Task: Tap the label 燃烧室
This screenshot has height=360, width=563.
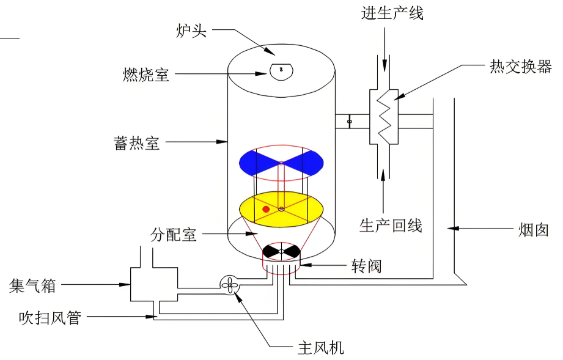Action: point(146,75)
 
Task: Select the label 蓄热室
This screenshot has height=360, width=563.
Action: point(136,143)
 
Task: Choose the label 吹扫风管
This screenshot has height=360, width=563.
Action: point(50,317)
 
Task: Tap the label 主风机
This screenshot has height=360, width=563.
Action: point(321,348)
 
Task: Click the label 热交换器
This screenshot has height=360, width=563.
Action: point(521,67)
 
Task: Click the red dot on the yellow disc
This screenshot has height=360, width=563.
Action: point(266,209)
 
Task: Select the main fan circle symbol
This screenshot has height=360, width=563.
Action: point(230,284)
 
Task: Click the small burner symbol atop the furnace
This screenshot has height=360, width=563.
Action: point(281,70)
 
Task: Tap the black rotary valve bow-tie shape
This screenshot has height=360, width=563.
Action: point(281,251)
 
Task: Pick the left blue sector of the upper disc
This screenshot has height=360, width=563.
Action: point(257,161)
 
